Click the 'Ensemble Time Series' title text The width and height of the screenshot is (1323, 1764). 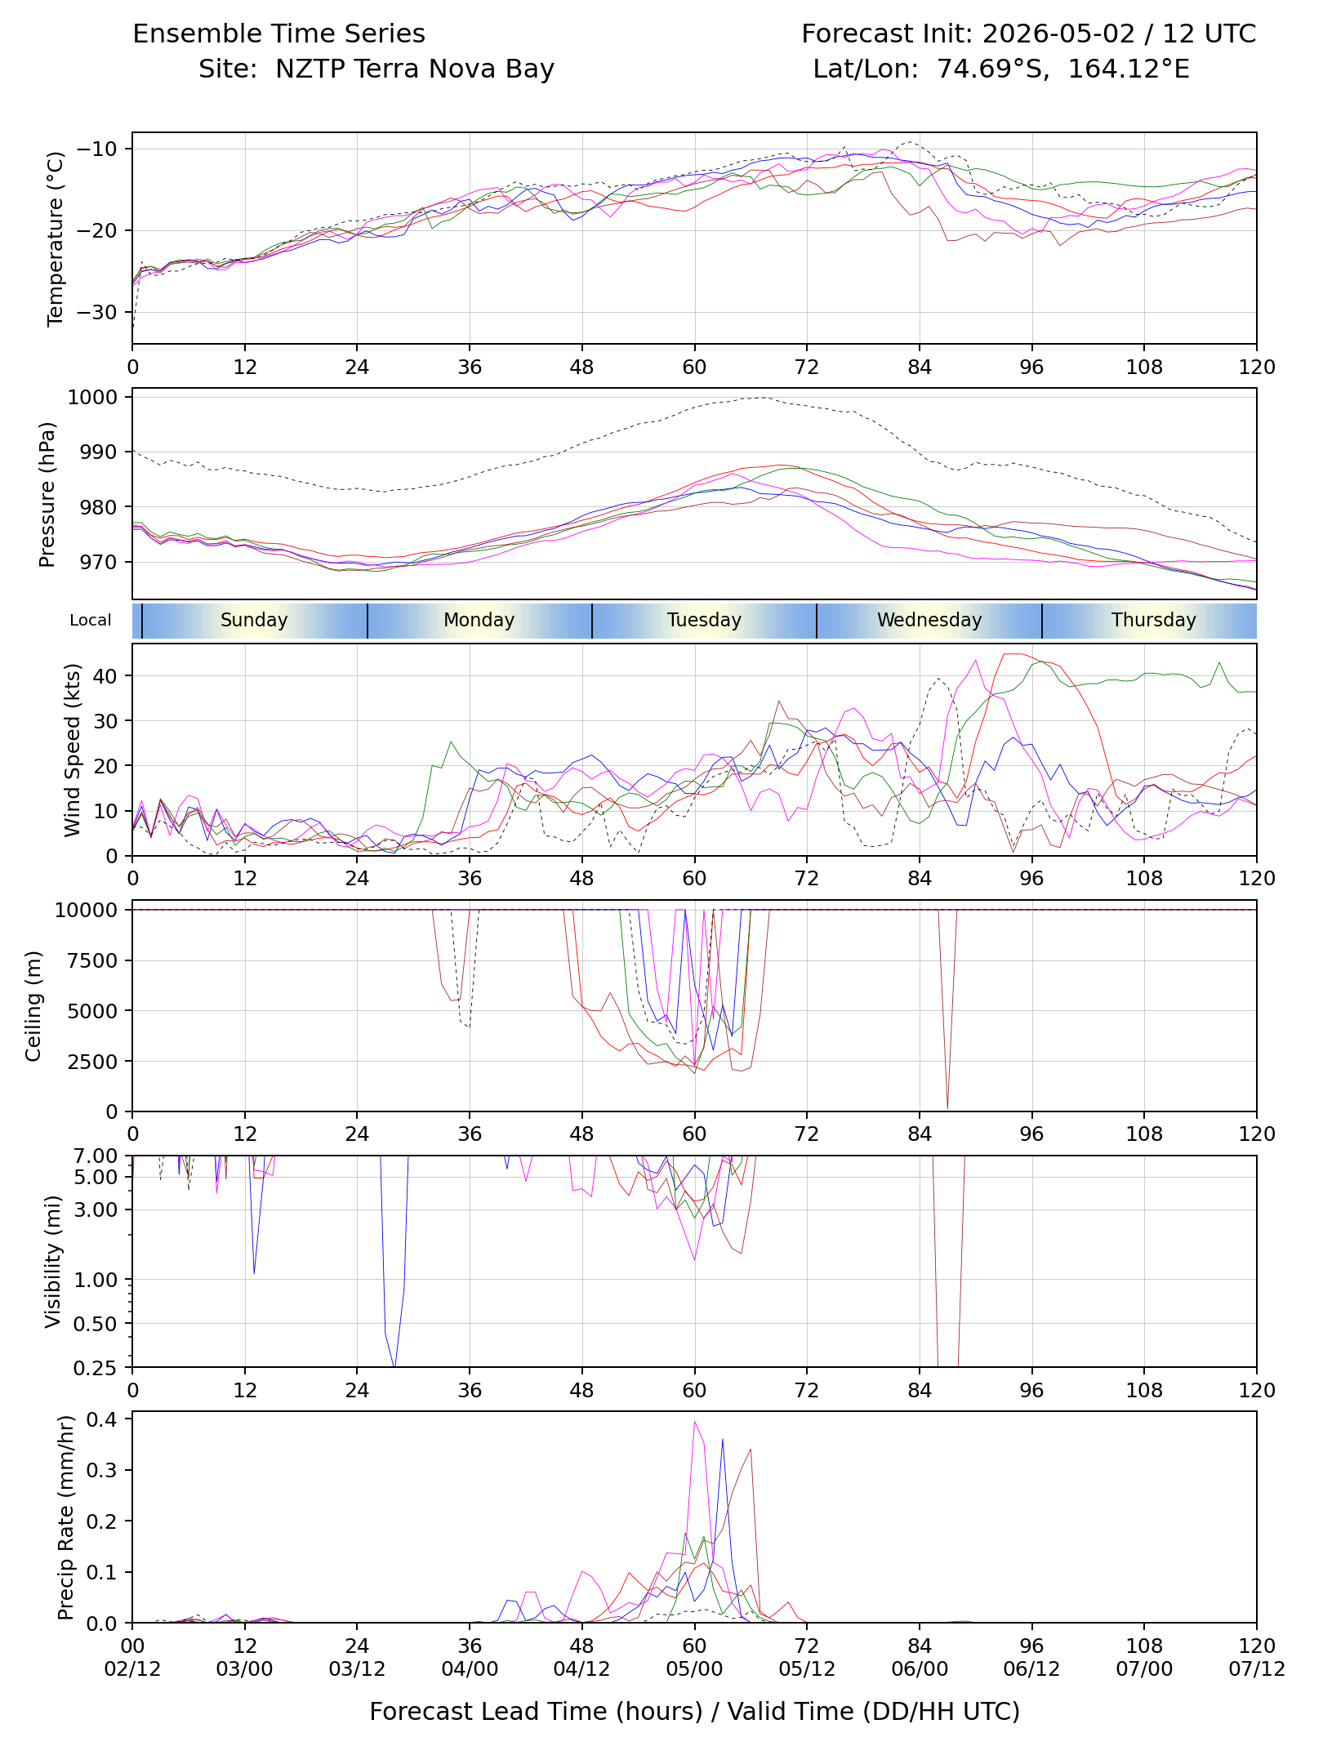click(278, 33)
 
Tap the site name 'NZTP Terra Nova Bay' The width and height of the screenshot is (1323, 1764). click(415, 69)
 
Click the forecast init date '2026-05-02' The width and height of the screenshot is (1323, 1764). click(1058, 33)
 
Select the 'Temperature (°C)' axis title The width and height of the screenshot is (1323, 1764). click(56, 238)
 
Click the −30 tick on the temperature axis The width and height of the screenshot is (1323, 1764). click(97, 312)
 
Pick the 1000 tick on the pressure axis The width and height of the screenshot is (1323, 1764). click(93, 397)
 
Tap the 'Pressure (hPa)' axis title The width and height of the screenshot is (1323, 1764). click(47, 494)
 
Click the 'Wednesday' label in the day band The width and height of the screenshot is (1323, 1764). click(929, 620)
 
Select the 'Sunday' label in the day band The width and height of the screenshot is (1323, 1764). click(254, 620)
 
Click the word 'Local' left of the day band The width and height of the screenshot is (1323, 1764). click(91, 620)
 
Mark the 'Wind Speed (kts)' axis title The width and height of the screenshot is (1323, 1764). click(73, 750)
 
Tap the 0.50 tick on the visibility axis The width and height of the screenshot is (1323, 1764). click(96, 1324)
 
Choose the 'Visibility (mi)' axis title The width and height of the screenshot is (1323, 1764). click(53, 1262)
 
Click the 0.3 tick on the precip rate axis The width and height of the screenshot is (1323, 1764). click(102, 1470)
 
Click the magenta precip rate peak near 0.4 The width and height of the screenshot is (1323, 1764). click(694, 1422)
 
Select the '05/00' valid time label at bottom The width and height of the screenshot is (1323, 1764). click(694, 1669)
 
